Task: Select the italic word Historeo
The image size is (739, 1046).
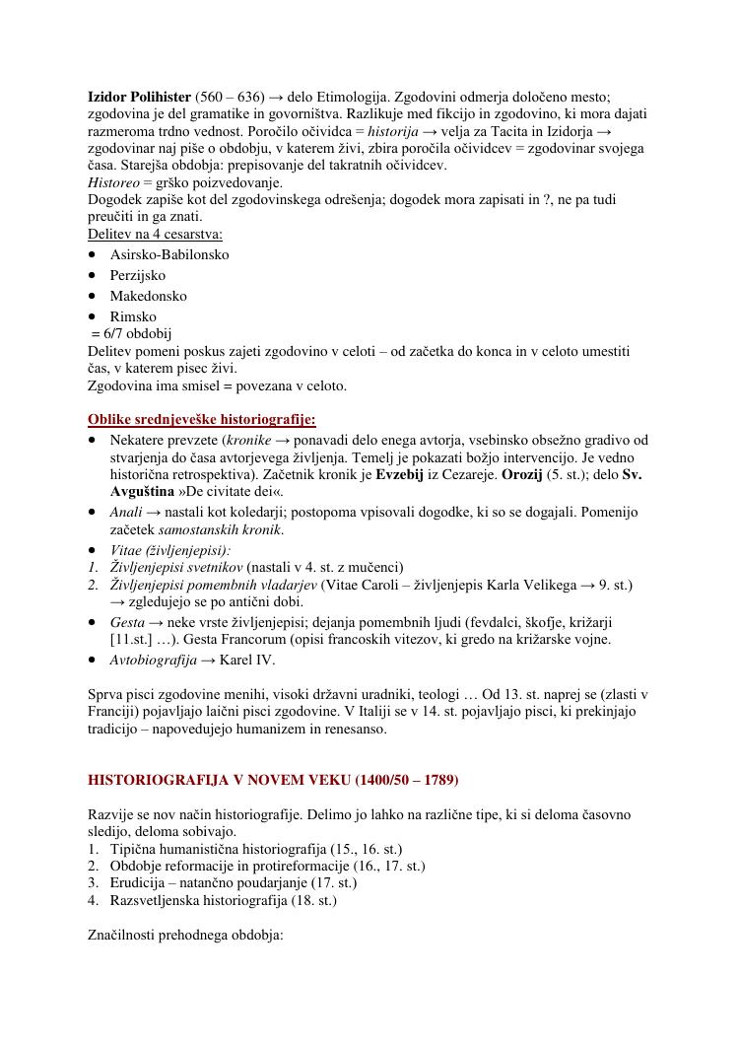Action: coord(113,183)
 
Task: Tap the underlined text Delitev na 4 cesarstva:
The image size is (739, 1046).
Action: coord(155,234)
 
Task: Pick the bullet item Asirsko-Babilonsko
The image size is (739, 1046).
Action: coord(169,254)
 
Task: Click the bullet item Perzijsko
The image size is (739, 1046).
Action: coord(138,275)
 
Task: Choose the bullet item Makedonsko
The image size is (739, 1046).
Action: coord(148,296)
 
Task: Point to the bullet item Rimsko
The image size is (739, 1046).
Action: coord(133,316)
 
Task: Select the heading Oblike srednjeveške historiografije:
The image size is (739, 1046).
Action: coord(202,419)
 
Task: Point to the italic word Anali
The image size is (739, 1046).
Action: coord(126,512)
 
